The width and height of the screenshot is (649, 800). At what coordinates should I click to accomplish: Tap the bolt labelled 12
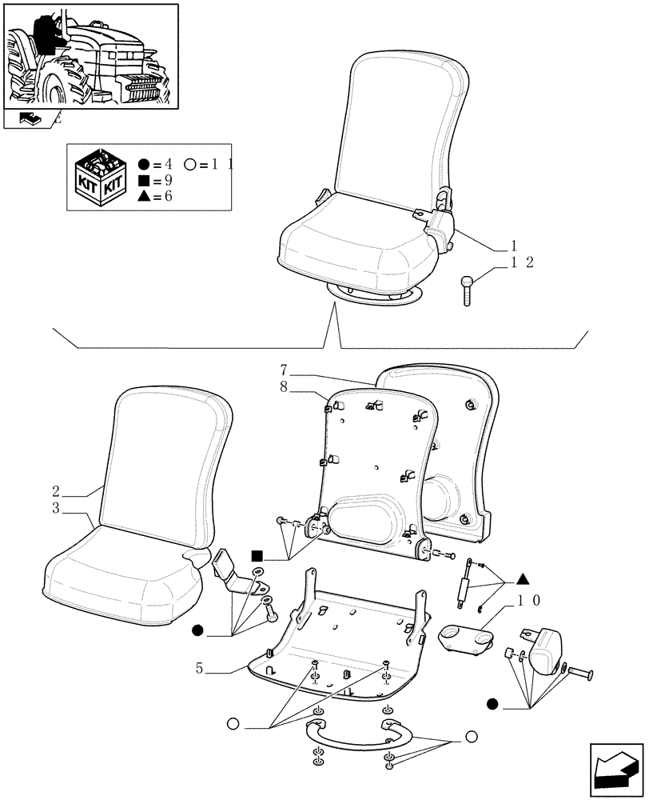[468, 290]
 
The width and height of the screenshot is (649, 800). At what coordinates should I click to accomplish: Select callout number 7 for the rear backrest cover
[284, 370]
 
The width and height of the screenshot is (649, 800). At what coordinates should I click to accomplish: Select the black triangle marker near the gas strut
[522, 578]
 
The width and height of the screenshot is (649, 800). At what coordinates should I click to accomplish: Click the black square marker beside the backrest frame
[257, 555]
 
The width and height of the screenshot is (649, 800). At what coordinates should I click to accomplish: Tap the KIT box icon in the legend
[97, 175]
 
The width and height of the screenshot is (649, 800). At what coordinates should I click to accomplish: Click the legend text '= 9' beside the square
[162, 181]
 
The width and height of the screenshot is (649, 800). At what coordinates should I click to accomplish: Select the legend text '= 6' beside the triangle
[162, 197]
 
